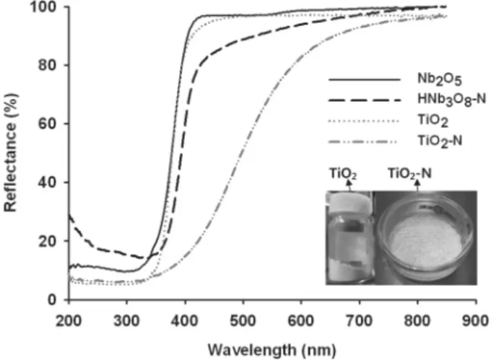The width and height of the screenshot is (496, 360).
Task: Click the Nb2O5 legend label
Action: (440, 79)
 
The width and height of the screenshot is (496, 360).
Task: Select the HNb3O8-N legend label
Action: (452, 100)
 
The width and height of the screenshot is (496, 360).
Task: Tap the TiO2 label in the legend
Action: (433, 120)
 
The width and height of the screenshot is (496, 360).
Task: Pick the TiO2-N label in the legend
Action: (440, 141)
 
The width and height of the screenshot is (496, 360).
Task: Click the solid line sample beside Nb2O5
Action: (365, 79)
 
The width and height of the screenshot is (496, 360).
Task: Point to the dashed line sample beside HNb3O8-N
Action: (365, 100)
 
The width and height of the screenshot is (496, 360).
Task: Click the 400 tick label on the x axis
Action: (185, 321)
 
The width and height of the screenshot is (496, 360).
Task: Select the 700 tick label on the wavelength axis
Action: (360, 321)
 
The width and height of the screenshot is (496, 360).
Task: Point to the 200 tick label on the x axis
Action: (69, 321)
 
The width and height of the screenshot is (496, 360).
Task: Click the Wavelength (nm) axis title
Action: (271, 350)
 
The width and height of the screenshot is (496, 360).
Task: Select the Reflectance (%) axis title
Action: (10, 153)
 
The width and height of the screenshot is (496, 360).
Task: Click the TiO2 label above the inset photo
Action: (343, 174)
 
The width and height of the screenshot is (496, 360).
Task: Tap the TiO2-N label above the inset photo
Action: (409, 174)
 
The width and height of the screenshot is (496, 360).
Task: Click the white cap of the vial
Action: (349, 202)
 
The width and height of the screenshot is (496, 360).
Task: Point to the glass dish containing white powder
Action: (426, 238)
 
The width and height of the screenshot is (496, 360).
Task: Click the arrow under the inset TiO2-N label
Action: (417, 185)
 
